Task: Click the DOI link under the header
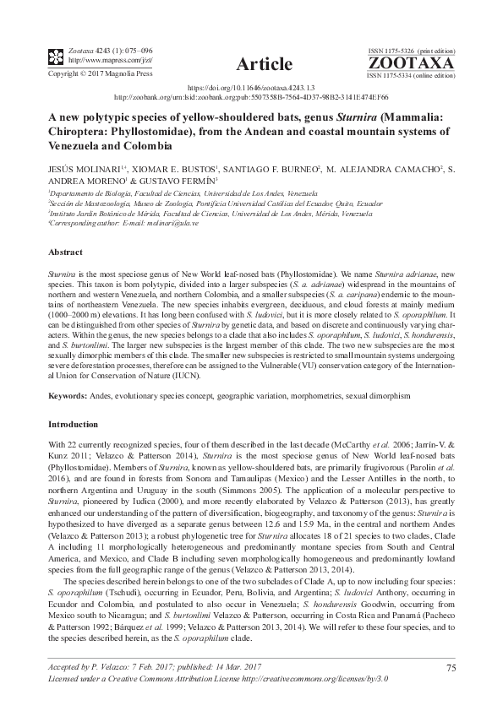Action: (250, 88)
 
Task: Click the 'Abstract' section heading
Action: (66, 252)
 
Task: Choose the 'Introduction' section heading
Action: (73, 423)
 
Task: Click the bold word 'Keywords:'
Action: (68, 394)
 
